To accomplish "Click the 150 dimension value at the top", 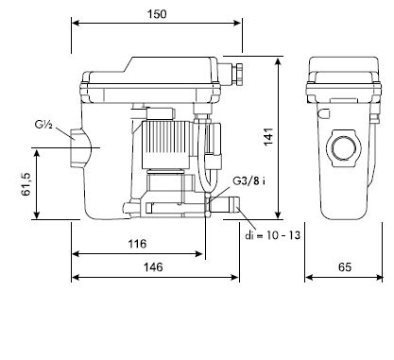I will click(x=159, y=14).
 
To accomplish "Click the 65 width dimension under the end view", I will click(x=344, y=267).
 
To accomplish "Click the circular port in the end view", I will click(x=341, y=149).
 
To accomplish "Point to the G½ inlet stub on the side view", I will click(x=78, y=147).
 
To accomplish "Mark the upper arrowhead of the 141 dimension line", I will click(x=279, y=60).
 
